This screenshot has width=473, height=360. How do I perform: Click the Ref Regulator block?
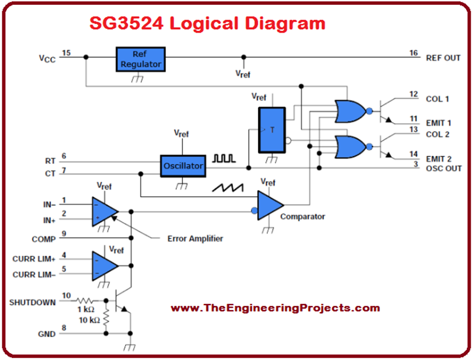click(x=140, y=58)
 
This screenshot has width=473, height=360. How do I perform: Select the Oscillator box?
click(x=183, y=166)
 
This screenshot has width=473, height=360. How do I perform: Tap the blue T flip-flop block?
click(x=272, y=129)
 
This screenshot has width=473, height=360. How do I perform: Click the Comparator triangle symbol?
click(x=269, y=205)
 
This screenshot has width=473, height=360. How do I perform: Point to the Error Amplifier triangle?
click(x=103, y=211)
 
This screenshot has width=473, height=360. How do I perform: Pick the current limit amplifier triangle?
click(x=103, y=265)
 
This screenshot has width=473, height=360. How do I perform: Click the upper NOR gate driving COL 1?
click(x=349, y=111)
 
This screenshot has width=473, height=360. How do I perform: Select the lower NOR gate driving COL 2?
click(x=349, y=147)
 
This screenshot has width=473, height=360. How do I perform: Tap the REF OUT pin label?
click(x=443, y=58)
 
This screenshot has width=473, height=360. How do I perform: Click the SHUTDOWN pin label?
click(x=32, y=302)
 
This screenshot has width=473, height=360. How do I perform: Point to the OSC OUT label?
click(x=443, y=169)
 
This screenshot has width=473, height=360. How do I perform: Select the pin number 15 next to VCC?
click(x=66, y=54)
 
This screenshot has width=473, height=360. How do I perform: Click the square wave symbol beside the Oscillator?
click(x=224, y=158)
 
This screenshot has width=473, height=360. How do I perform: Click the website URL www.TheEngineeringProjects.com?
click(x=275, y=308)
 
